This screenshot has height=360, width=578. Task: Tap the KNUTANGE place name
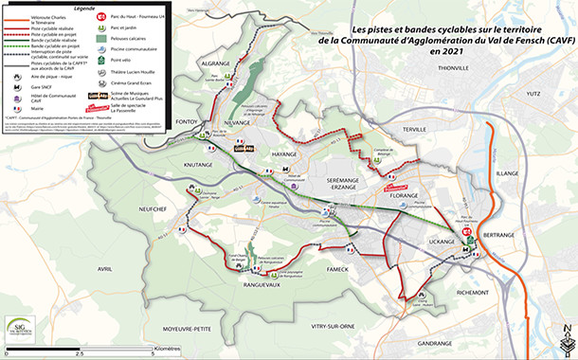point(200,165)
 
